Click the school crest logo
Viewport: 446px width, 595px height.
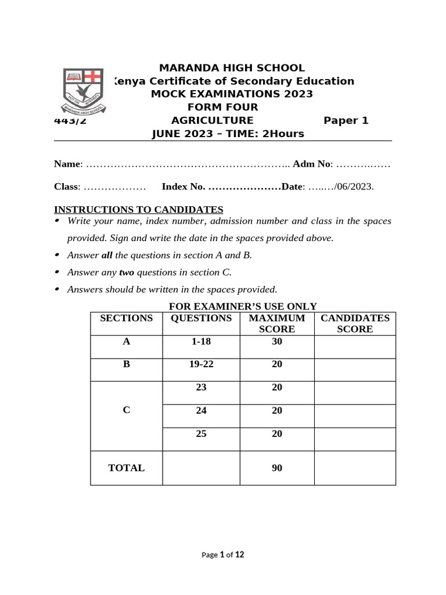[x=84, y=91]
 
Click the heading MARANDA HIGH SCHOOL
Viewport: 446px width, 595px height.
[x=232, y=68]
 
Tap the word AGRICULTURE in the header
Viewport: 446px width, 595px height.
[x=212, y=120]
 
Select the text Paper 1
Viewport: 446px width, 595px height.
[x=346, y=120]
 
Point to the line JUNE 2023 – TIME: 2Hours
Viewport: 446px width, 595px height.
[x=228, y=134]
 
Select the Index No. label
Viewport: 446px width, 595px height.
[x=183, y=187]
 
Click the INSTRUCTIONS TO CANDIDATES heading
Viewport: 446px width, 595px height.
[x=138, y=209]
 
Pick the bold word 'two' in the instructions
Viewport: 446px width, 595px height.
[x=127, y=272]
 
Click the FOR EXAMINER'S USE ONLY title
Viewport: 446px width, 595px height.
[x=243, y=306]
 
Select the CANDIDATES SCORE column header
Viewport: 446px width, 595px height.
[x=355, y=324]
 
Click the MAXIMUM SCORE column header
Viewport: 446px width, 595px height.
[x=276, y=324]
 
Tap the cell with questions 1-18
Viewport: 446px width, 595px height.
[x=201, y=342]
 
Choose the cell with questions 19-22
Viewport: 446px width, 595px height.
[x=201, y=364]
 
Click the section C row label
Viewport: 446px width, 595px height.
[x=126, y=410]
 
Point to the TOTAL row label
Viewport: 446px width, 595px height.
[x=126, y=468]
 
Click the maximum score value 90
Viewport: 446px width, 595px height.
[x=276, y=468]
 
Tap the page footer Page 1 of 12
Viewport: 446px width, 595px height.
[x=222, y=554]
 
